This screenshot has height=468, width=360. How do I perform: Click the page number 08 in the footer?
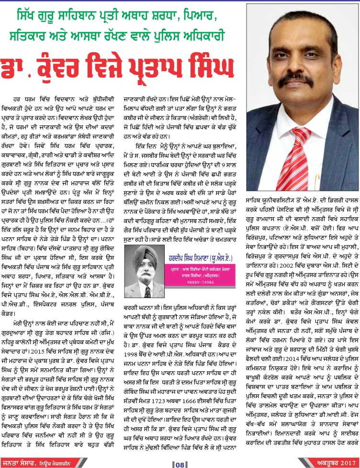click(180, 461)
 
